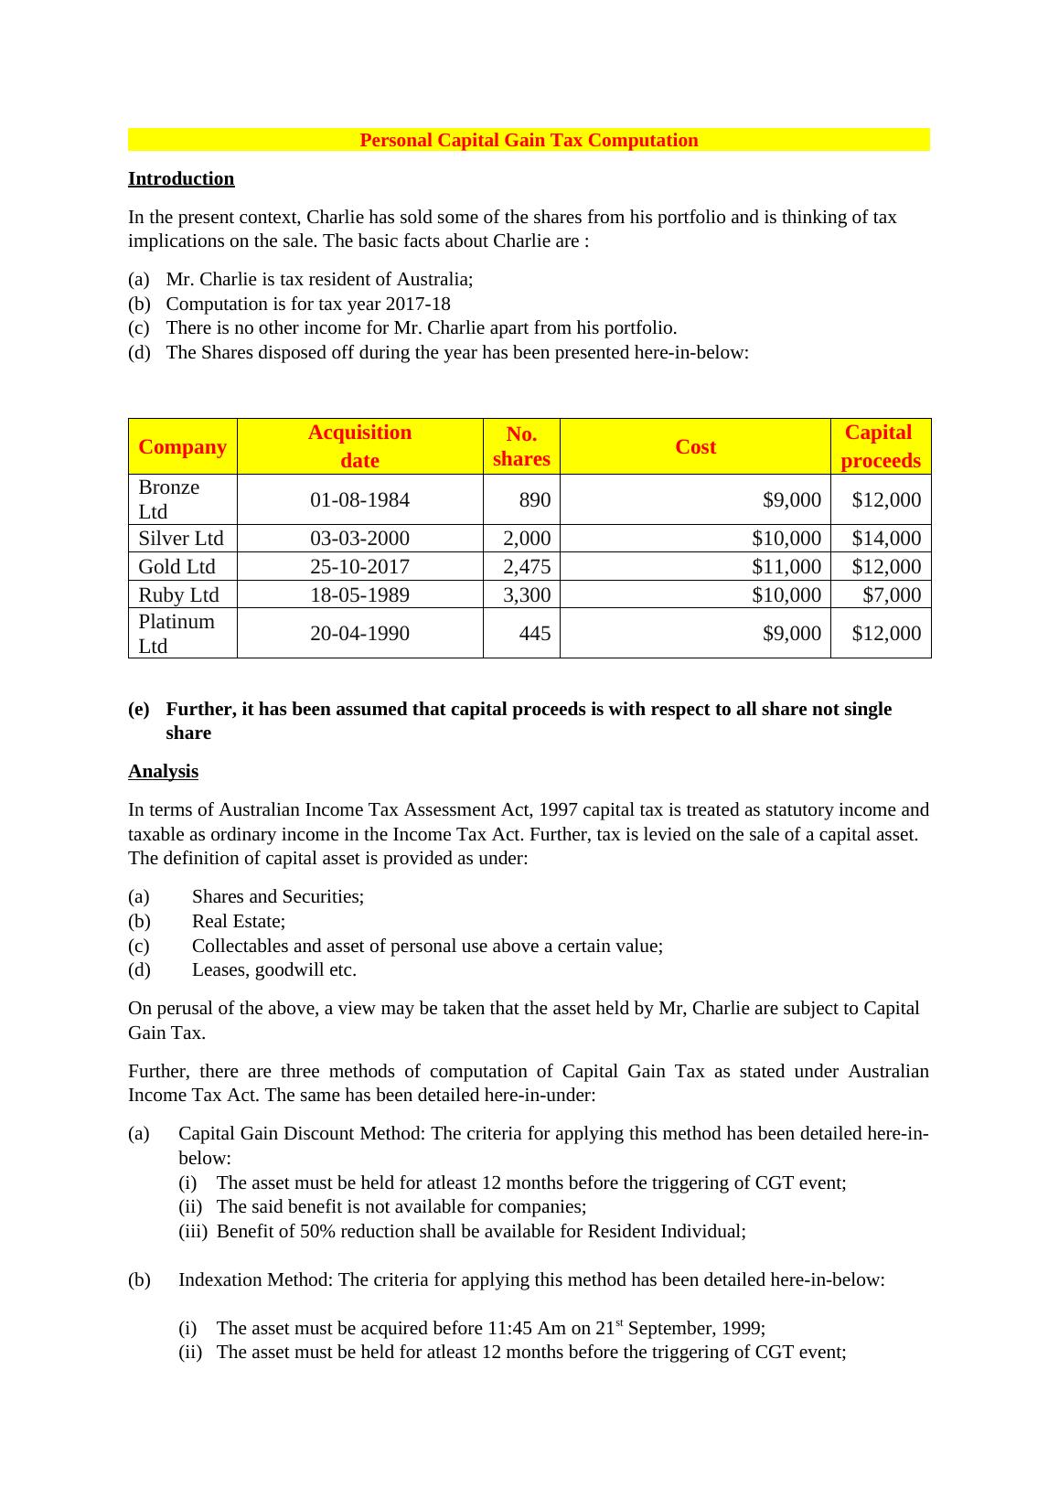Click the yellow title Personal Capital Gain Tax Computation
point(529,140)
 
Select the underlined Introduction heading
point(181,178)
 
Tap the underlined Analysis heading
point(163,771)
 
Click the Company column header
point(182,446)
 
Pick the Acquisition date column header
point(359,446)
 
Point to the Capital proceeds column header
point(881,446)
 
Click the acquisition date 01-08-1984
point(359,499)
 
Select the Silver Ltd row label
point(180,538)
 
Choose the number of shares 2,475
point(527,566)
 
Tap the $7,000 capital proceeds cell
point(892,594)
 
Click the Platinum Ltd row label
point(176,633)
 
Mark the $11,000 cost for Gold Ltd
point(786,566)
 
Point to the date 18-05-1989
point(359,594)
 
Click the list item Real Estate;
point(238,921)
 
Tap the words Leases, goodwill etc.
point(273,969)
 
